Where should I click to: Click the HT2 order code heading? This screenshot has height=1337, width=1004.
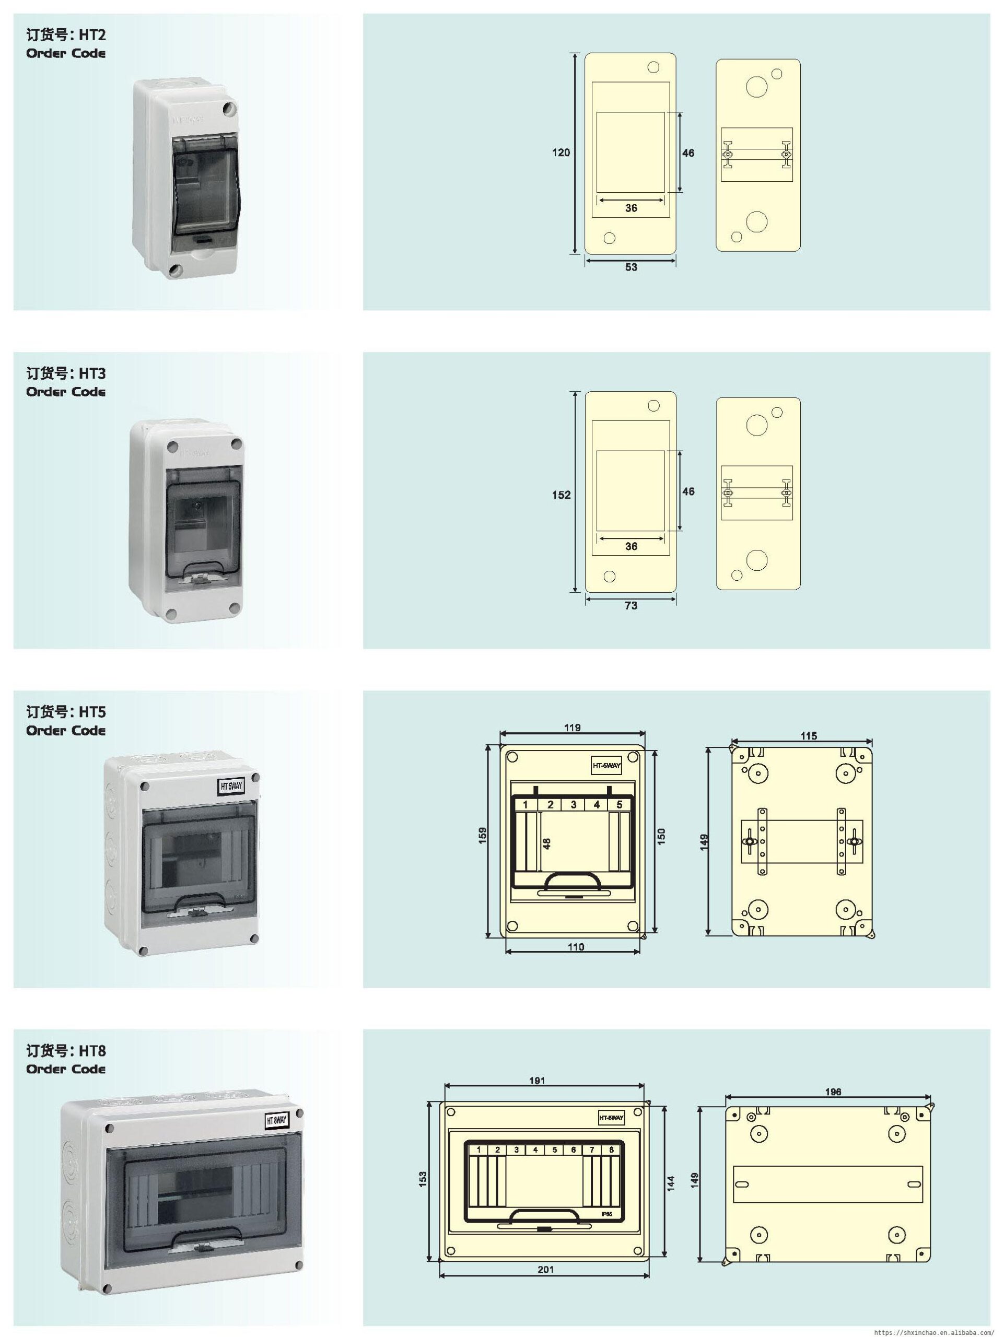(x=66, y=36)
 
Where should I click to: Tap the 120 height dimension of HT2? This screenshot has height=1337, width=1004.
(x=561, y=153)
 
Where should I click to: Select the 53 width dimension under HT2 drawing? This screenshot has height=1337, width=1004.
(x=631, y=267)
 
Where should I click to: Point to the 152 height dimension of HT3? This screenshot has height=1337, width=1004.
(x=561, y=495)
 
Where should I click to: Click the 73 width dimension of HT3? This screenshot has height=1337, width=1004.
(x=631, y=606)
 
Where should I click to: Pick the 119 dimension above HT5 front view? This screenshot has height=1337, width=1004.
(x=572, y=728)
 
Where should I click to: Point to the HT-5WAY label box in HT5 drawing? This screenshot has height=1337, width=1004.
(x=605, y=766)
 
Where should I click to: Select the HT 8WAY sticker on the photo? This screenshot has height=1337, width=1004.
(x=277, y=1121)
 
